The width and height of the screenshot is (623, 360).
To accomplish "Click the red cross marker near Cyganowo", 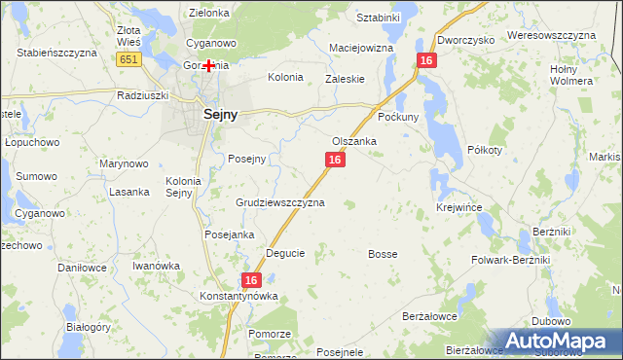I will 208,65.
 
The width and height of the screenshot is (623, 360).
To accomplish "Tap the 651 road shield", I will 128,60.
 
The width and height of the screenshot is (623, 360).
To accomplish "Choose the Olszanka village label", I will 354,141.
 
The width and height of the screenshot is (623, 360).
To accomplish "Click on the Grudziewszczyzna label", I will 280,203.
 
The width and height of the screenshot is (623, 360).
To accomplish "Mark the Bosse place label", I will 383,254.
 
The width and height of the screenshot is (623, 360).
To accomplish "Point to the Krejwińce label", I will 459,208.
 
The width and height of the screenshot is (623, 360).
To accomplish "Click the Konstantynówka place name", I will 239,296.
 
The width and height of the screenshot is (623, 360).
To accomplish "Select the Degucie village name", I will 285,253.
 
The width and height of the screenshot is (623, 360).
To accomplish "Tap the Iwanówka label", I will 157,266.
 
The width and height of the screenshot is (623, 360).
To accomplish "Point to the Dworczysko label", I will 466,40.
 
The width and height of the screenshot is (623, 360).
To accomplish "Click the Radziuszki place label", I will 142,95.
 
